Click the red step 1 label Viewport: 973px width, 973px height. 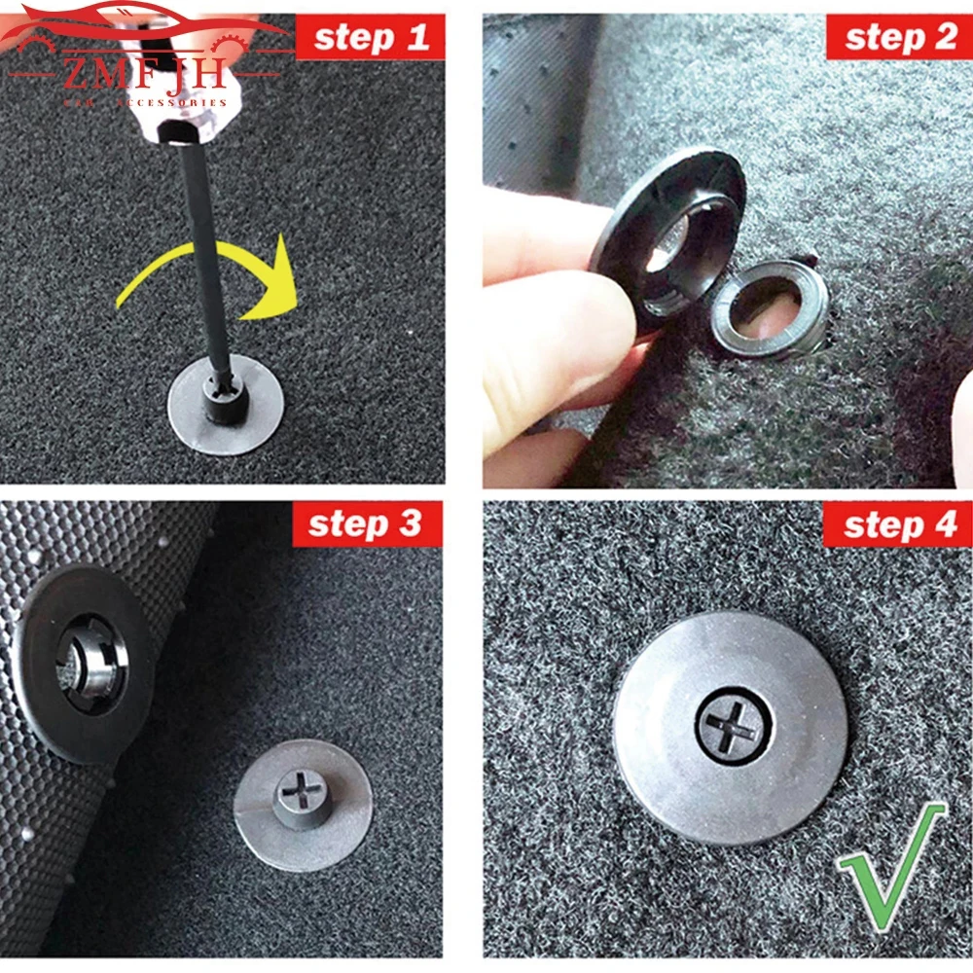370,38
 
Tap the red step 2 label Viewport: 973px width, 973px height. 900,38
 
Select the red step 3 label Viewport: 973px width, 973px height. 368,524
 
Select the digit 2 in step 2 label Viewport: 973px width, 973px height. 942,38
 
